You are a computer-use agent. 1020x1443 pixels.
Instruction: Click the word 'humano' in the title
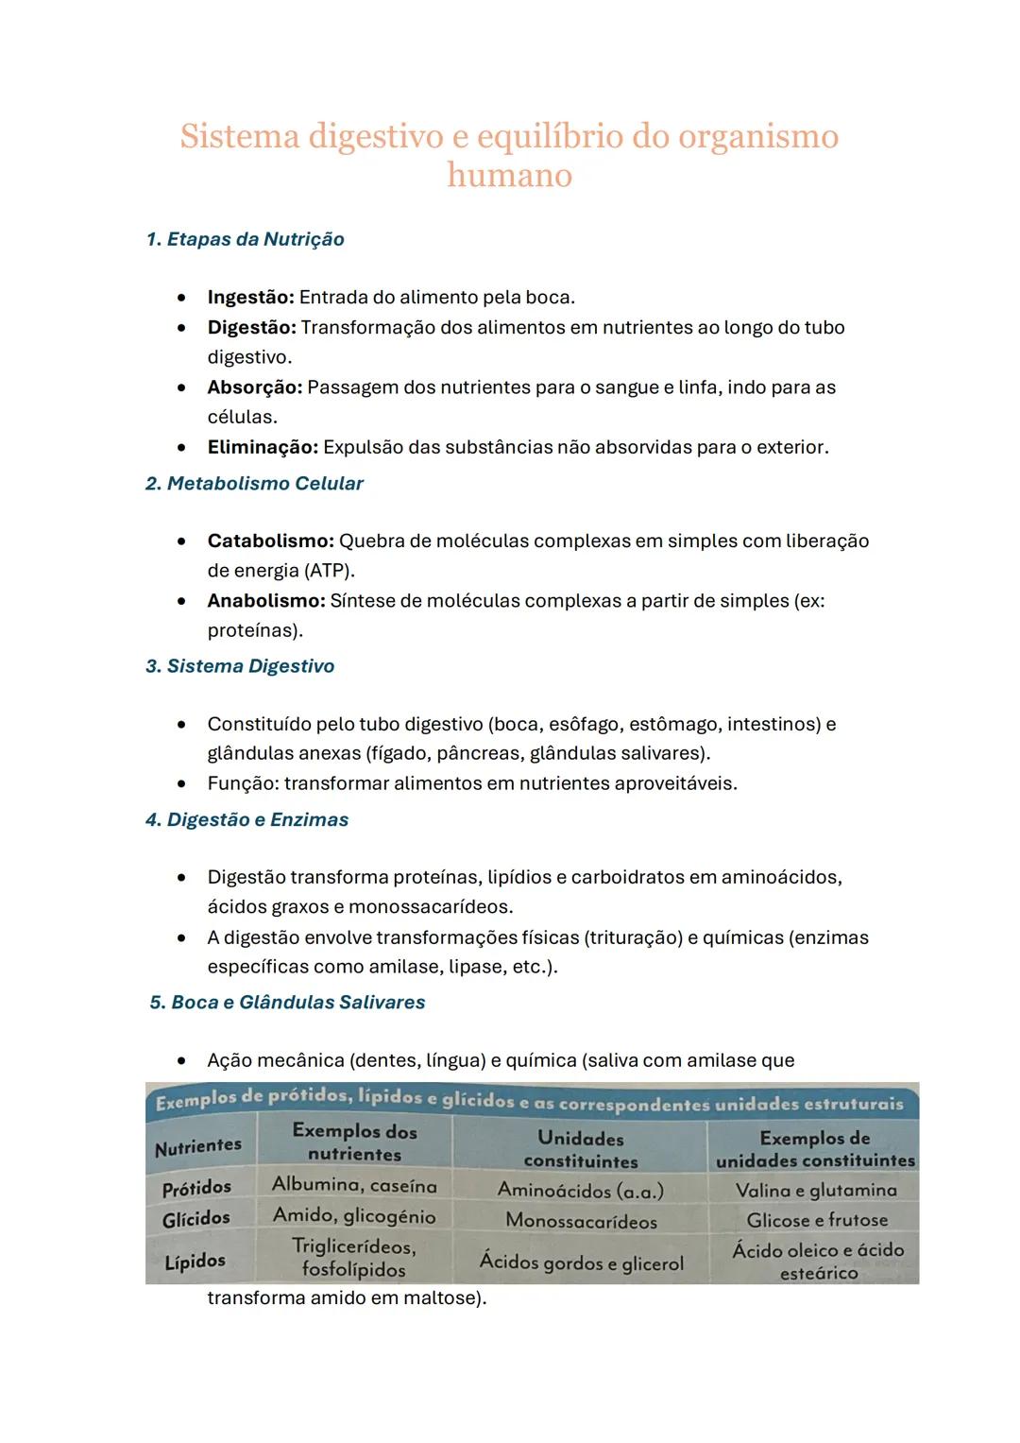tap(509, 176)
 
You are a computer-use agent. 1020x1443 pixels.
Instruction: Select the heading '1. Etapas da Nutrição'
tap(246, 239)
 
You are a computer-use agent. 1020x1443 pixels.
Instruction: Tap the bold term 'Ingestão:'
tap(250, 298)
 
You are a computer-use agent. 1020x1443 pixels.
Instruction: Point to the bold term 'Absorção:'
tap(254, 387)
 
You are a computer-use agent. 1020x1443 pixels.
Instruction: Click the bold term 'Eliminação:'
tap(263, 447)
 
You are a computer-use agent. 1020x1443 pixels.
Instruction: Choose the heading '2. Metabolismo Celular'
tap(254, 484)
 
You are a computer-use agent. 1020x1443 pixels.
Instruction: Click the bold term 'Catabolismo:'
tap(270, 541)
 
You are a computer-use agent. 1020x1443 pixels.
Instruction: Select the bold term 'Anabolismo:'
tap(265, 601)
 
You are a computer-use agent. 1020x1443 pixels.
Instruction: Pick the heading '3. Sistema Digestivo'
tap(240, 666)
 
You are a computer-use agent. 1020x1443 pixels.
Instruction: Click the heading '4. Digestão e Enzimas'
tap(247, 820)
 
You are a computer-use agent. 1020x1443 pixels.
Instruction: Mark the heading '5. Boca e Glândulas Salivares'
tap(287, 1003)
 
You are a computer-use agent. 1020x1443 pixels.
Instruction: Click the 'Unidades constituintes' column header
tap(580, 1150)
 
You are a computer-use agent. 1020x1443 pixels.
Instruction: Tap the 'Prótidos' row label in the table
tap(196, 1188)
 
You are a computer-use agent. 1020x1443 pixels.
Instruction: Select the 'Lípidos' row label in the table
tap(195, 1262)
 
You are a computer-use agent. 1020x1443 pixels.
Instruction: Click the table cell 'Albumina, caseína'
tap(354, 1185)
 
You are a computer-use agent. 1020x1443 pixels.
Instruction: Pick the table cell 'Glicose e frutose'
tap(817, 1220)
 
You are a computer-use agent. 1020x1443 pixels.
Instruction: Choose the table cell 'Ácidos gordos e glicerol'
tap(581, 1262)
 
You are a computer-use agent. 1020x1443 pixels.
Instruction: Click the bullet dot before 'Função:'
tap(180, 784)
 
